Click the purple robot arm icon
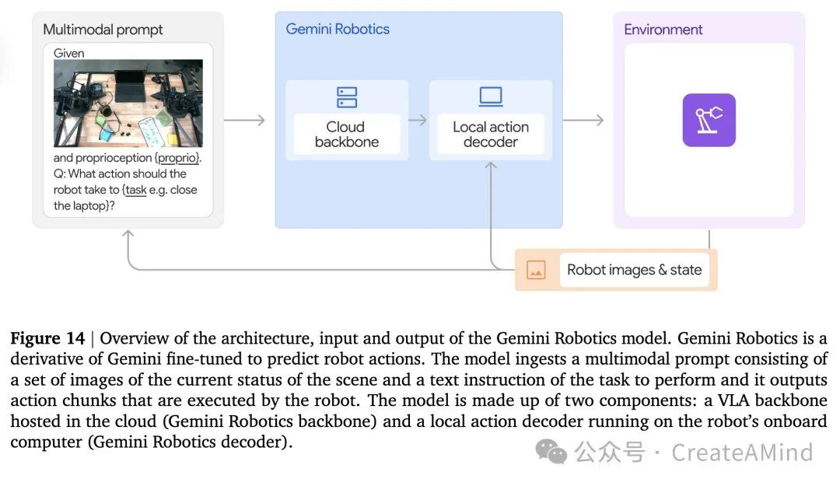pyautogui.click(x=709, y=120)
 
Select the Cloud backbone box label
pyautogui.click(x=347, y=134)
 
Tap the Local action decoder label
pyautogui.click(x=491, y=134)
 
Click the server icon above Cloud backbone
pyautogui.click(x=347, y=97)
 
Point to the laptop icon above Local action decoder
pyautogui.click(x=491, y=96)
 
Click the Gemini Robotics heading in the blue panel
pyautogui.click(x=338, y=29)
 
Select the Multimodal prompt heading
pyautogui.click(x=103, y=30)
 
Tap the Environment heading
pyautogui.click(x=663, y=30)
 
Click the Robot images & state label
pyautogui.click(x=635, y=270)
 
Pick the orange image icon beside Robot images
pyautogui.click(x=536, y=270)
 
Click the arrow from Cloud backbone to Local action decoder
pyautogui.click(x=418, y=120)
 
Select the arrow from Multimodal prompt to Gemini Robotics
pyautogui.click(x=244, y=120)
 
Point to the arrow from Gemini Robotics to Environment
pyautogui.click(x=583, y=120)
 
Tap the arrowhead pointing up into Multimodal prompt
pyautogui.click(x=128, y=233)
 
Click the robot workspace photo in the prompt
pyautogui.click(x=128, y=103)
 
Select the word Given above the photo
pyautogui.click(x=68, y=53)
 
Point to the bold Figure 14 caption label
pyautogui.click(x=47, y=338)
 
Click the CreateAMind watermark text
pyautogui.click(x=742, y=453)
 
